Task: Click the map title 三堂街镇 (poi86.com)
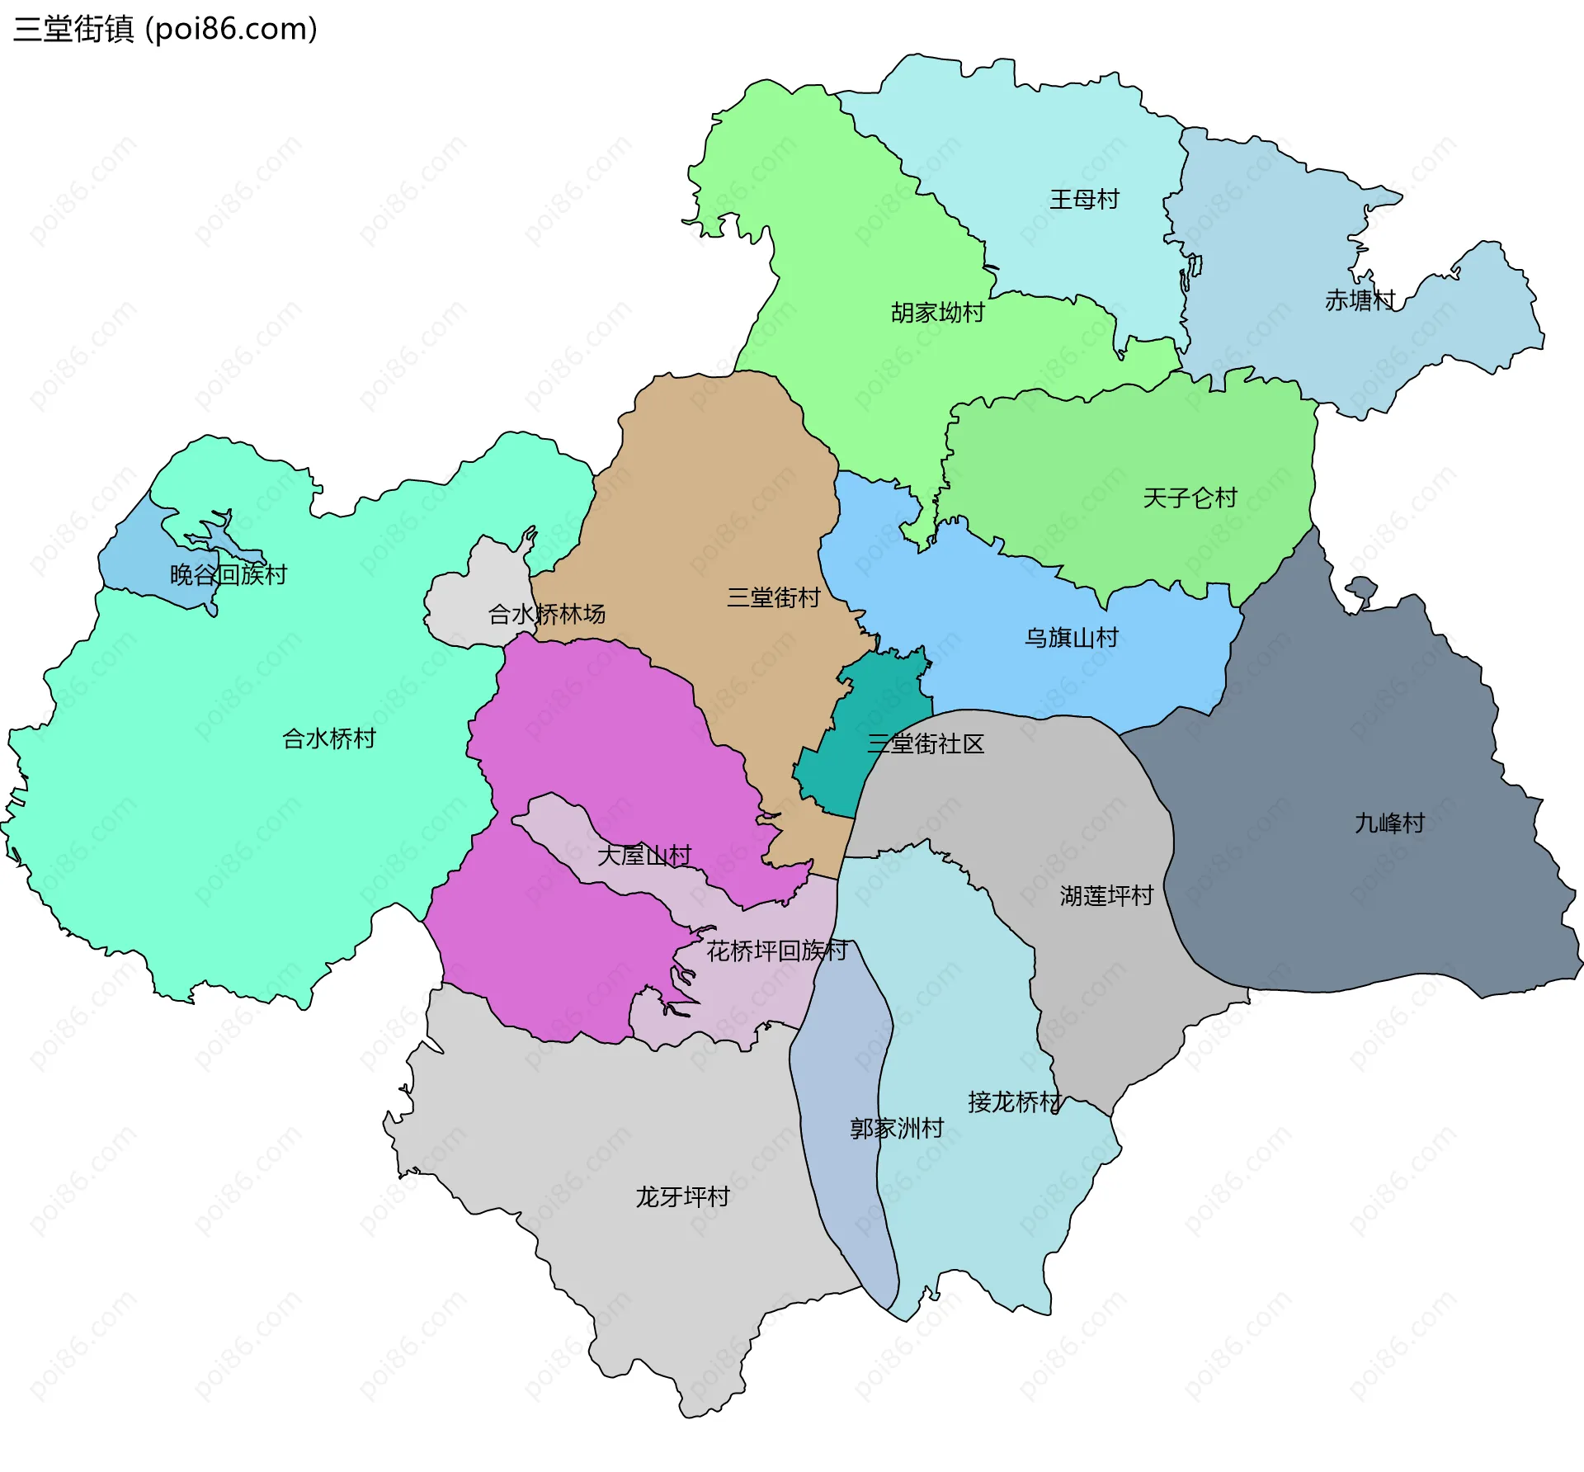tap(165, 30)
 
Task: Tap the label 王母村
tap(1084, 200)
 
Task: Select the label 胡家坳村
tap(937, 313)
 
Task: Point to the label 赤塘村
tap(1360, 300)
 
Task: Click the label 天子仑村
tap(1190, 498)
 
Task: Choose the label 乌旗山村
tap(1071, 638)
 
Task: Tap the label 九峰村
tap(1389, 823)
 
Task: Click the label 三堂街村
tap(773, 597)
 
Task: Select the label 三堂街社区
tap(925, 744)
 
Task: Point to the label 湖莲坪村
tap(1105, 896)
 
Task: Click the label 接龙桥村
tap(1014, 1102)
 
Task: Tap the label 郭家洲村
tap(897, 1128)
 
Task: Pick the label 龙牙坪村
tap(682, 1196)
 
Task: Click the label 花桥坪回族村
tap(776, 951)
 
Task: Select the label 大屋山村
tap(643, 856)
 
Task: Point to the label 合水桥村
tap(328, 738)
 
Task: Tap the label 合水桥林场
tap(546, 614)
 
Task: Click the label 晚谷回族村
tap(228, 574)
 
